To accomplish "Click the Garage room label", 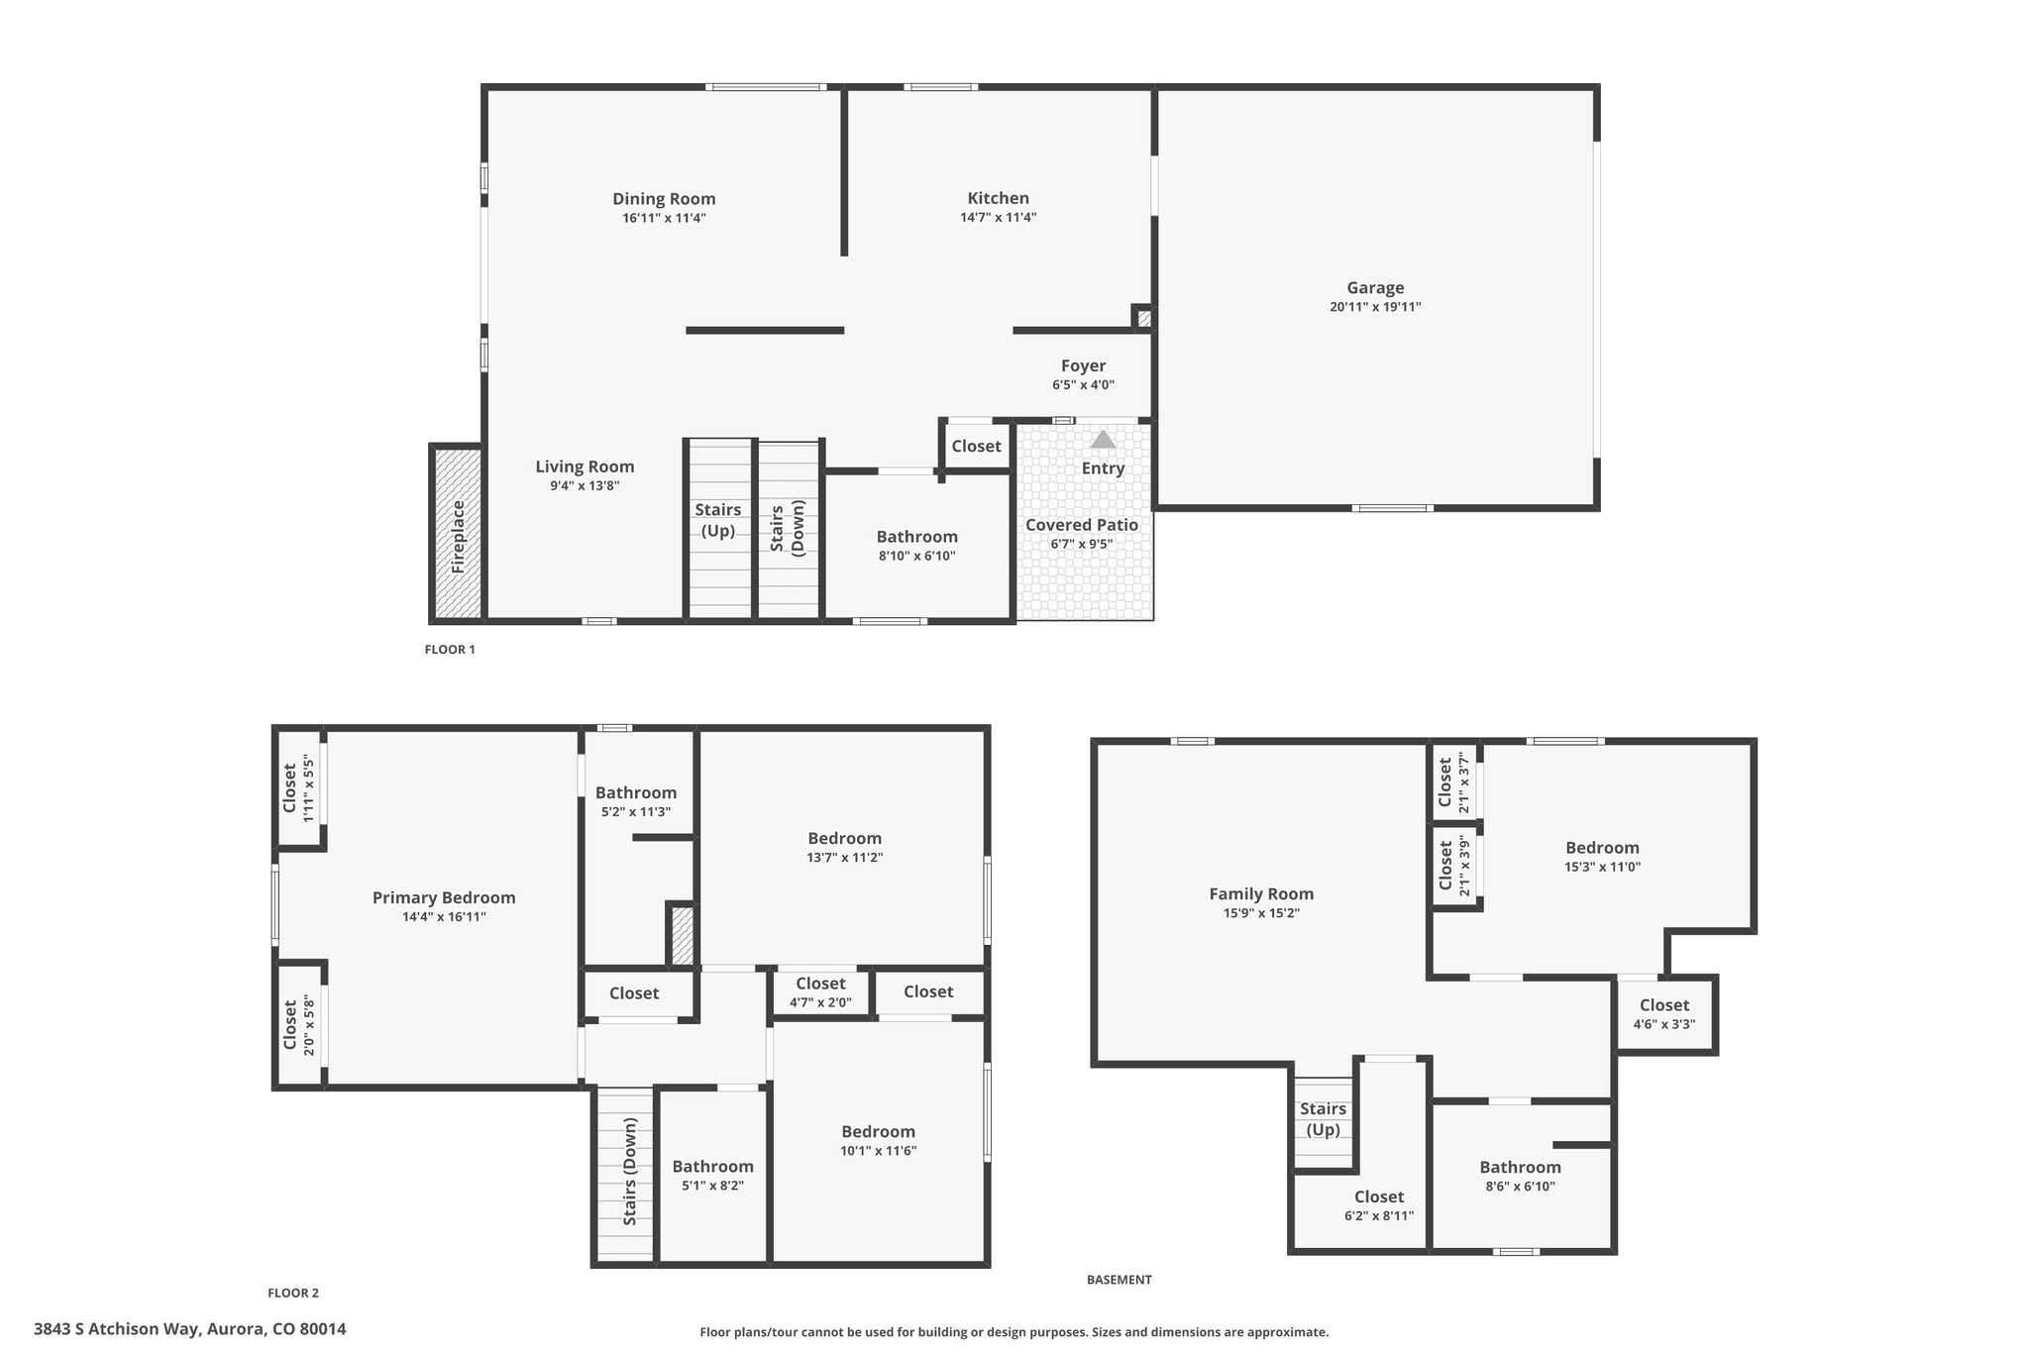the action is pos(1375,288).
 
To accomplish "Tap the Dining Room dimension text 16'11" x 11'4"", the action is pos(664,218).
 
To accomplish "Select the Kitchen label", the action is pos(999,198).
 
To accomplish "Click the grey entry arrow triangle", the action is pos(1103,439).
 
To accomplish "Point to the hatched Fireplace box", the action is pos(457,534).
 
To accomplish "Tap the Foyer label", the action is pos(1083,365).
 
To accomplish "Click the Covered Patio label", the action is pos(1082,525).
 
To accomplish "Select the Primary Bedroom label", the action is pos(444,898).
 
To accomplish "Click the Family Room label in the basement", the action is pos(1261,893).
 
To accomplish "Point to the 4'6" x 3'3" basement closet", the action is pos(1664,1014).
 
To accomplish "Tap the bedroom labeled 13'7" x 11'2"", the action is pos(844,847).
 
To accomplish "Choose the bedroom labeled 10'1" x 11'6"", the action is pos(878,1140).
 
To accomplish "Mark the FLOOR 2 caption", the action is pos(293,1293).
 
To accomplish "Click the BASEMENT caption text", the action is pos(1120,1280).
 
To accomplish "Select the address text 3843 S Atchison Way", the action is pos(118,1329).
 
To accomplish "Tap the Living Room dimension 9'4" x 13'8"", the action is pos(585,486).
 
